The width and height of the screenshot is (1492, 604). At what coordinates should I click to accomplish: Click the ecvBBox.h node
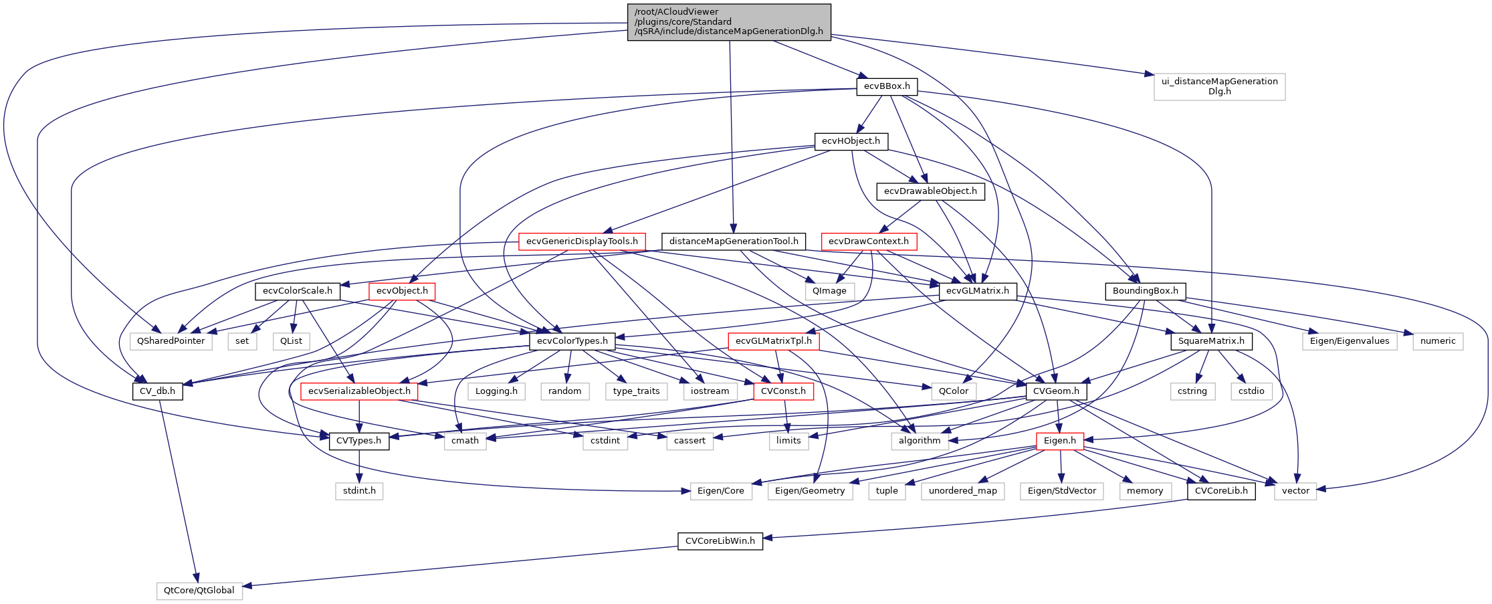point(887,86)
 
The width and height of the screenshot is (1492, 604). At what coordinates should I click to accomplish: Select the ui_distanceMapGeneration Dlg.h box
point(1219,86)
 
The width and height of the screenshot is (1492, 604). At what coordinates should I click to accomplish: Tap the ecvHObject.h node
point(851,141)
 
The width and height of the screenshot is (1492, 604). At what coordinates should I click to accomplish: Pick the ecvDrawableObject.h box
point(930,191)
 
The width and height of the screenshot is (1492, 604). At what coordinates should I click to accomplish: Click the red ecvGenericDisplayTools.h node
point(582,241)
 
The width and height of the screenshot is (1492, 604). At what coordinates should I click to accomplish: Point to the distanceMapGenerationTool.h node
point(734,241)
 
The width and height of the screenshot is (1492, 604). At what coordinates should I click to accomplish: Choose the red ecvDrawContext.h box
point(868,241)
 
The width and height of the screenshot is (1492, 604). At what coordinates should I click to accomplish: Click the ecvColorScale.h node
point(298,291)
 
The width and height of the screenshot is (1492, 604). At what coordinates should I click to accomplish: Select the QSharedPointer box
point(171,341)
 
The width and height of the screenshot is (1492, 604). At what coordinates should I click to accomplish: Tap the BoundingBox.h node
point(1146,291)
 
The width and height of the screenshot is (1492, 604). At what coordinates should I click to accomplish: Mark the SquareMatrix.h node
point(1211,341)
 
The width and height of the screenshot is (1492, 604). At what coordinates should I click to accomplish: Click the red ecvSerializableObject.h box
point(359,391)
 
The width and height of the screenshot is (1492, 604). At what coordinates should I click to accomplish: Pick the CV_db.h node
point(157,391)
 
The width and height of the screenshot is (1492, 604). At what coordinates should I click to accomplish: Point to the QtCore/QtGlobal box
point(199,591)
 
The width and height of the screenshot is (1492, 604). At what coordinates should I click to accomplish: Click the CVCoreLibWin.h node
point(720,541)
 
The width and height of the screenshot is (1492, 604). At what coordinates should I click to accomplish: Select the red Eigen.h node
point(1059,441)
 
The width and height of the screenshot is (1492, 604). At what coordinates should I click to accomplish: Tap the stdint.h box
point(359,491)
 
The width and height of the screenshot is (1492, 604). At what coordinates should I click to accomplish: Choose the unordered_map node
point(962,491)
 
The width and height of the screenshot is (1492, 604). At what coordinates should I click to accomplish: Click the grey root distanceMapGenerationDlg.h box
point(729,22)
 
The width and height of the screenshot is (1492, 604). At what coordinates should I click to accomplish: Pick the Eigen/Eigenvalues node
point(1349,341)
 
